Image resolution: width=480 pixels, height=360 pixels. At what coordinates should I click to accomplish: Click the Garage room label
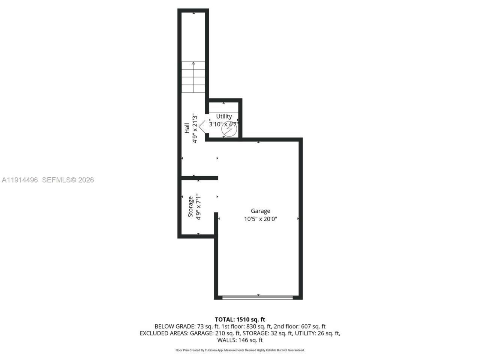[x=260, y=211]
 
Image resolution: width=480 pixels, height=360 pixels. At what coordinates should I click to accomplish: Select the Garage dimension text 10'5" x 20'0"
[x=260, y=219]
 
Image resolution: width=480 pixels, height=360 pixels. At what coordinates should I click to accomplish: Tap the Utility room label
[x=224, y=117]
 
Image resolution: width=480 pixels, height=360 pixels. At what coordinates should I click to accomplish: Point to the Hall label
[x=187, y=128]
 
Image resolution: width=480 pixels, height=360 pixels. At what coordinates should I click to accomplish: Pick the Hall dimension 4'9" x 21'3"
[x=195, y=128]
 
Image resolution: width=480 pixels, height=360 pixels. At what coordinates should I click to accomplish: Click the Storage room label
[x=190, y=207]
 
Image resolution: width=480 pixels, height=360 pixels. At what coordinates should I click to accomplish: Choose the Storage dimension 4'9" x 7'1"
[x=198, y=207]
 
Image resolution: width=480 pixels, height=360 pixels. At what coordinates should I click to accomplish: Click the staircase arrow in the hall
[x=193, y=77]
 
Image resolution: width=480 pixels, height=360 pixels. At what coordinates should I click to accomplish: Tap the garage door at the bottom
[x=258, y=297]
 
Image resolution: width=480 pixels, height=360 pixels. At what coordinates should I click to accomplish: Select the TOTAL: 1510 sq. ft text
[x=240, y=319]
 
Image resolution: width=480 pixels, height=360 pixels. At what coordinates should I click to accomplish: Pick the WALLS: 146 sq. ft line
[x=240, y=340]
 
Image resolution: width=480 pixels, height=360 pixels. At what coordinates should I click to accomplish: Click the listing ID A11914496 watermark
[x=19, y=180]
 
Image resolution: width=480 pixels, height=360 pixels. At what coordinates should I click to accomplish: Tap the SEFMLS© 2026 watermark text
[x=68, y=180]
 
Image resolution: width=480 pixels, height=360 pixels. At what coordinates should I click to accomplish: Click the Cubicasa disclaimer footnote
[x=240, y=350]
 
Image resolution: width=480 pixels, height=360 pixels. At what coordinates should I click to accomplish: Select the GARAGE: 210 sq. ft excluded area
[x=215, y=333]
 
